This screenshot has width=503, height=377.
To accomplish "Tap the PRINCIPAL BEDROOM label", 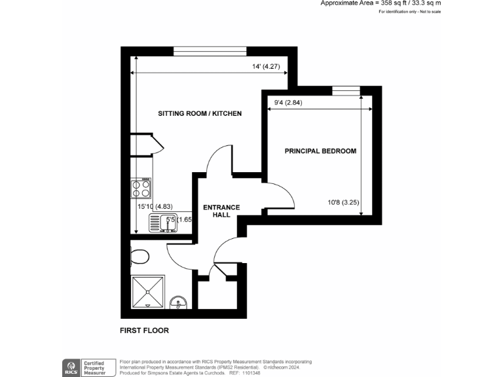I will (320, 151).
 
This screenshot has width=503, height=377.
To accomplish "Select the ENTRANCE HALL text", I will (221, 211).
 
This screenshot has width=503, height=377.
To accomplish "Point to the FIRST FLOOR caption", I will (144, 331).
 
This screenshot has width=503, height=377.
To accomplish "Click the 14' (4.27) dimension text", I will (266, 66).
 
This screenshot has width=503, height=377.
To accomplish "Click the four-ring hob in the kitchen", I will (141, 188).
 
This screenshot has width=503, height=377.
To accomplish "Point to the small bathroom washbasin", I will (177, 303).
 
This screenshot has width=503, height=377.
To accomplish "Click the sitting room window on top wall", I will (210, 51).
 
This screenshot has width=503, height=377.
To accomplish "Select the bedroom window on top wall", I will (346, 90).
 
